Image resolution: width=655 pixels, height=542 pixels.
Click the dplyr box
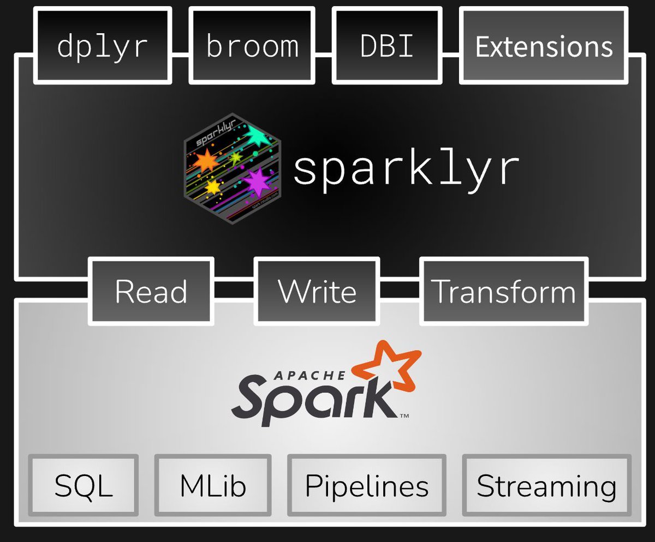[x=103, y=46]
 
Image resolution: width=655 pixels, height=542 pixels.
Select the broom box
[x=252, y=46]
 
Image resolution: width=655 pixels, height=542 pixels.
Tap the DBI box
[x=387, y=46]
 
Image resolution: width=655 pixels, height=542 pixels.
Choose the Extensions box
[x=544, y=46]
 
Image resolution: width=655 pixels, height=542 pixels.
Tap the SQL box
[x=84, y=485]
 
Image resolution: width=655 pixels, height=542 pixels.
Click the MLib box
[x=213, y=485]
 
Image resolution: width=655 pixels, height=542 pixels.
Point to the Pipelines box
[x=366, y=485]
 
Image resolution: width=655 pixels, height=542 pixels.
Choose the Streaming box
[x=546, y=485]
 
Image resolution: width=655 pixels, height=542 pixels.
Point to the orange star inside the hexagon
[x=207, y=161]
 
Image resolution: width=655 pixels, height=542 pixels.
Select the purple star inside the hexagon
[x=256, y=181]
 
